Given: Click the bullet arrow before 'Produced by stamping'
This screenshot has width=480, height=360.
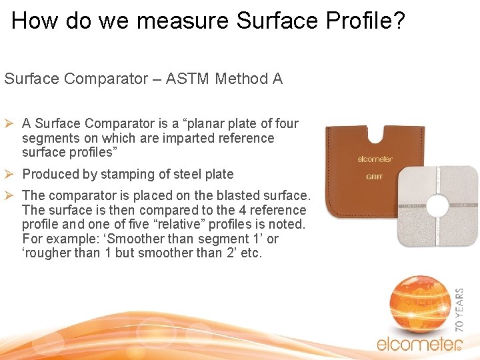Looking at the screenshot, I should (x=11, y=174).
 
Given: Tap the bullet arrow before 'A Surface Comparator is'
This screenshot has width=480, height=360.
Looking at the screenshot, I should (x=11, y=123).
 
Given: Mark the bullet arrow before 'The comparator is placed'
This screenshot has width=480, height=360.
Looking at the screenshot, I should (x=11, y=195).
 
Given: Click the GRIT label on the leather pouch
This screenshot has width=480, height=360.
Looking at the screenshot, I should (x=374, y=177).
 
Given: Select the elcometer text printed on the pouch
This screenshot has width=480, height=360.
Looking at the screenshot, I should (x=375, y=159).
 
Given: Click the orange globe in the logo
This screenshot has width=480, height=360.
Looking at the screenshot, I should (x=418, y=304).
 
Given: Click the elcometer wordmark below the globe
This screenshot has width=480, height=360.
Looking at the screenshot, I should (x=418, y=345).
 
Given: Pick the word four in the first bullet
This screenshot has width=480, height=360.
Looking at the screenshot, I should (x=287, y=124).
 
